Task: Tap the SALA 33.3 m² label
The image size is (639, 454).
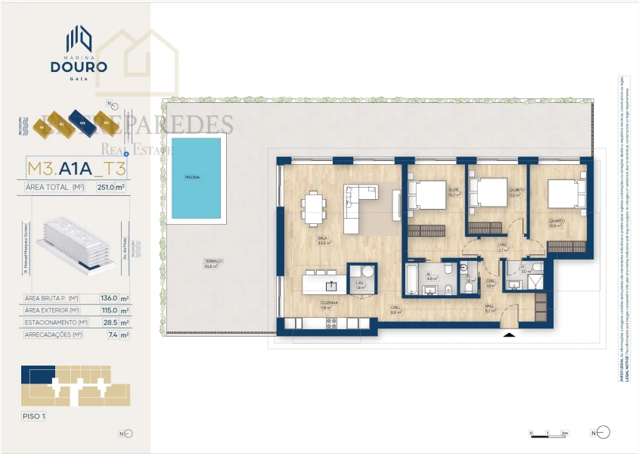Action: [323, 240]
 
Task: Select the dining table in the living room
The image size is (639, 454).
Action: [313, 209]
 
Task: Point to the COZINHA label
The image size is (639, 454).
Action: [327, 304]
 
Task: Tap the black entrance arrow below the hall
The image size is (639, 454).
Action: [510, 334]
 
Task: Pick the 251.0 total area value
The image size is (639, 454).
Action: [110, 188]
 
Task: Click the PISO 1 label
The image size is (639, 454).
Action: [34, 416]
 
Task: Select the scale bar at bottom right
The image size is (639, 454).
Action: [548, 434]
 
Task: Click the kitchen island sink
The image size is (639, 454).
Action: [330, 285]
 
